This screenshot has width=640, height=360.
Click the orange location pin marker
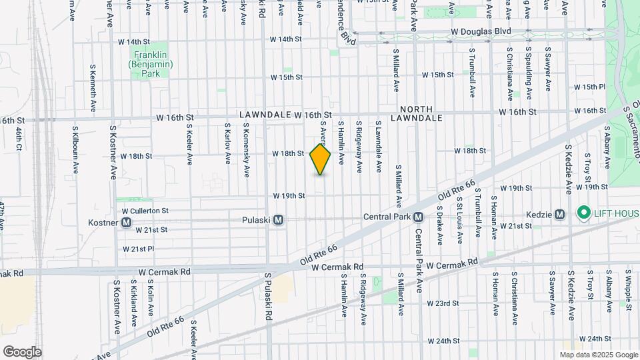click(321, 159)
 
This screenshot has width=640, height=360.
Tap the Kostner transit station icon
click(127, 222)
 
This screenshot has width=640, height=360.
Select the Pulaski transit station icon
click(279, 219)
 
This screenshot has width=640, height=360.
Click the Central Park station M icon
click(419, 217)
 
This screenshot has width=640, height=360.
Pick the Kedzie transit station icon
click(559, 214)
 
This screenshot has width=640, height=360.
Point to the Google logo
click(22, 351)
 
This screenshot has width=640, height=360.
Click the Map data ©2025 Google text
click(599, 355)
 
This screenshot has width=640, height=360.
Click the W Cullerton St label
click(145, 210)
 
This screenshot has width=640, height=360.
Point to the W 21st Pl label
click(138, 249)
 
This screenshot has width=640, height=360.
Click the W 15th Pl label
click(589, 87)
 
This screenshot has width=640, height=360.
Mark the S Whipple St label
click(629, 289)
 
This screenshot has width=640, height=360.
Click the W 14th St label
click(286, 39)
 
